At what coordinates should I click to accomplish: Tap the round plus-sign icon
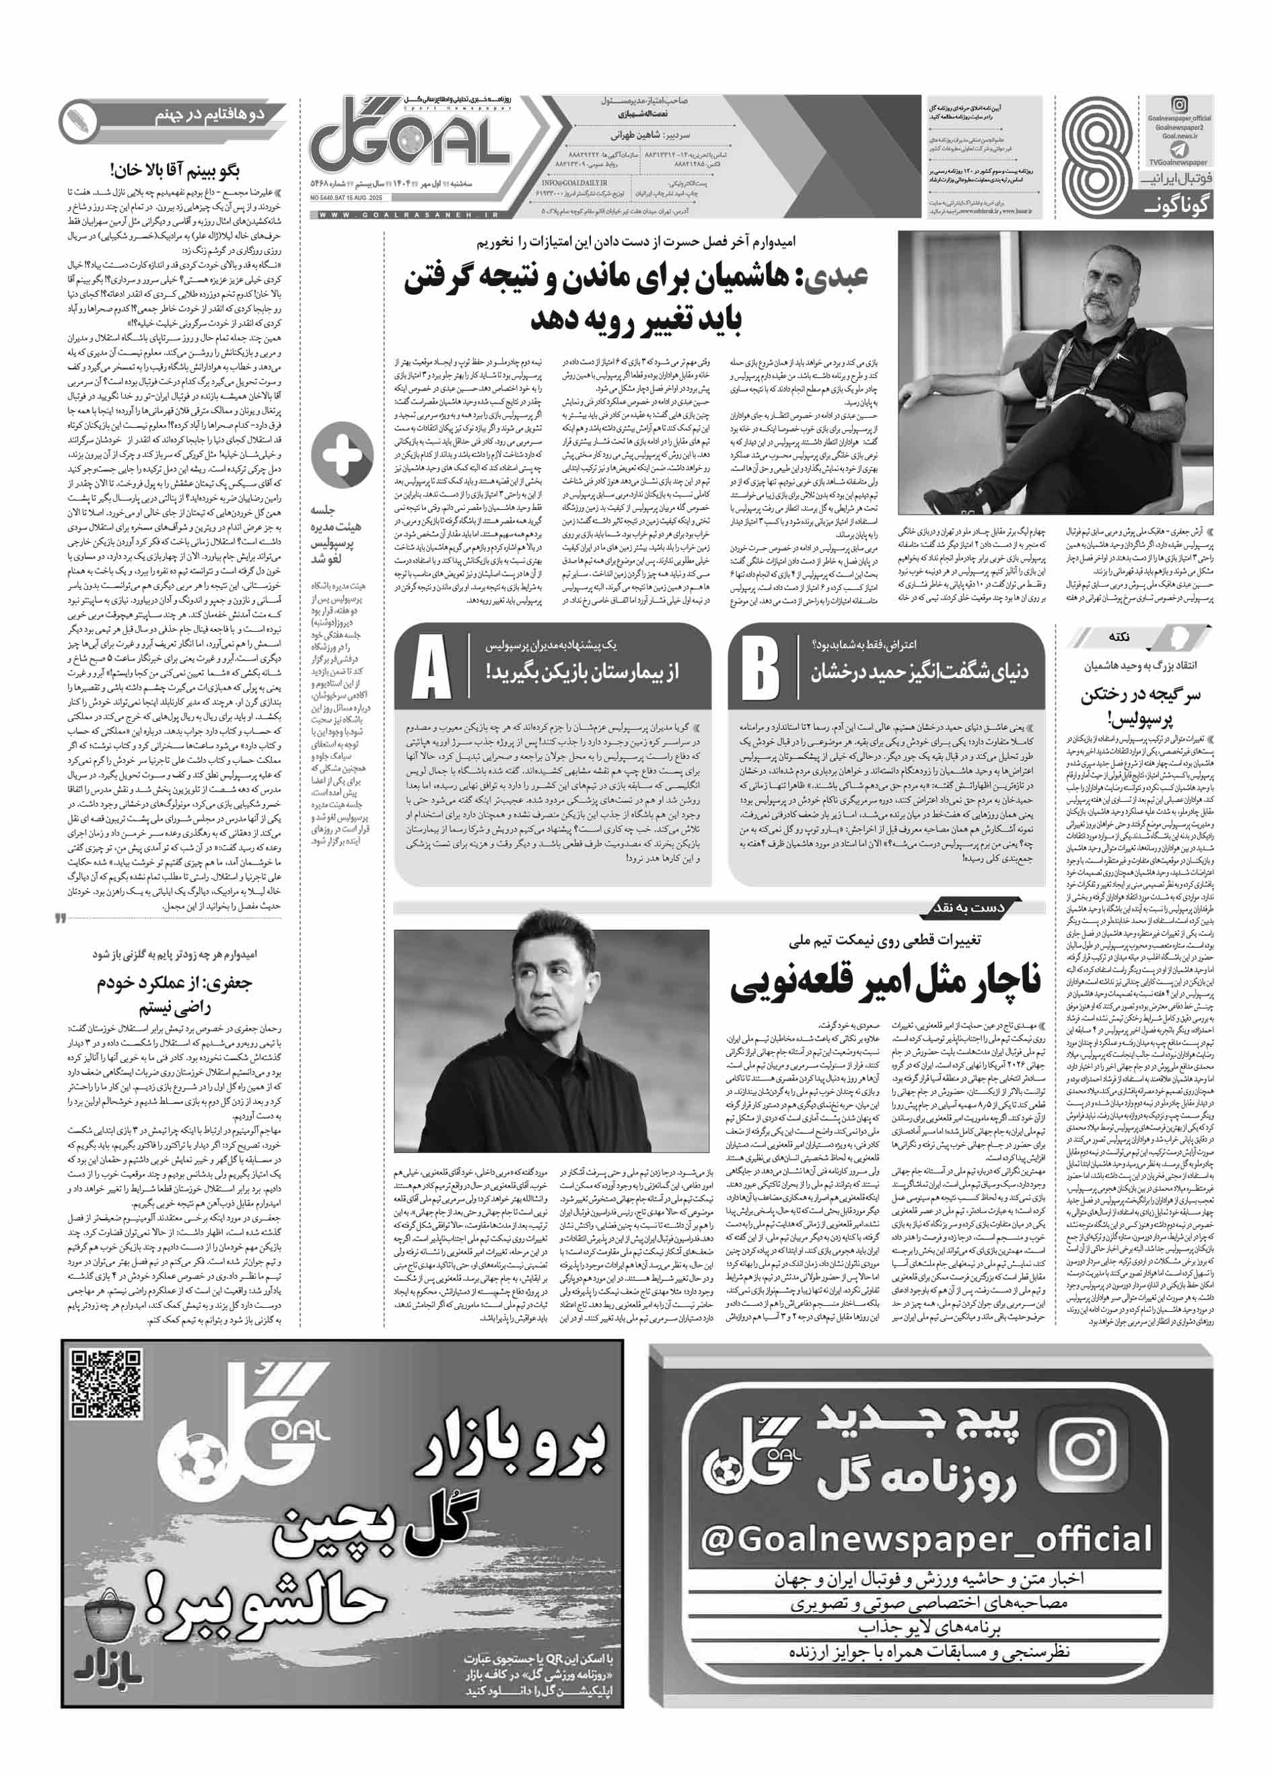pyautogui.click(x=342, y=457)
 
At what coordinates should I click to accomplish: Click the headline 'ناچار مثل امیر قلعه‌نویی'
pyautogui.click(x=886, y=987)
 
